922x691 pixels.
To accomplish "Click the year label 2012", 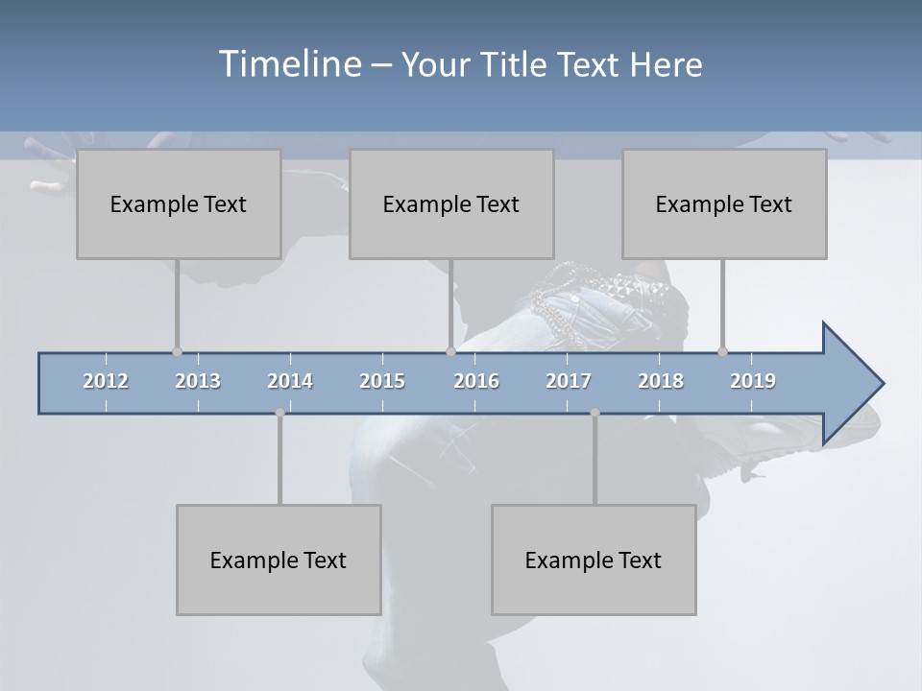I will coord(106,381).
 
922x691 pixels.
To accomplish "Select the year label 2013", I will coord(198,381).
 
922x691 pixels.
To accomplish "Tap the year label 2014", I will coord(290,381).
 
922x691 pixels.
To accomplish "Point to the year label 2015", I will coord(382,381).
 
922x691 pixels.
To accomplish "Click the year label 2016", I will coord(476,381).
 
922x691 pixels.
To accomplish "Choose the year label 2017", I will coord(569,381).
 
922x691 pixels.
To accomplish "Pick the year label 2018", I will coord(661,381).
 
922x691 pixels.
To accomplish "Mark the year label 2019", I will coord(753,381).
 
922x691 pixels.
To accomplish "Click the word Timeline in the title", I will coord(289,64).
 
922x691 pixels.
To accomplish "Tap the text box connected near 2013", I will coord(179,203).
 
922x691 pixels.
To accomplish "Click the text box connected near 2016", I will coord(451,203).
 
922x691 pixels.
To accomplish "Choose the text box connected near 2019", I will coord(724,203).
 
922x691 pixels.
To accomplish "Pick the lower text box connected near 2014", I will coord(279,560).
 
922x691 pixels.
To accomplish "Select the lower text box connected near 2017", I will coord(594,560).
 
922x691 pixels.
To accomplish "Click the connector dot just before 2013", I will coord(177,351).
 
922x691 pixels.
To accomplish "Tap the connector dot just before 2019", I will coord(723,351).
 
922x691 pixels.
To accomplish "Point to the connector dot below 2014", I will coord(279,413).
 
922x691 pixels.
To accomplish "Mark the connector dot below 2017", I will coord(594,413).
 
